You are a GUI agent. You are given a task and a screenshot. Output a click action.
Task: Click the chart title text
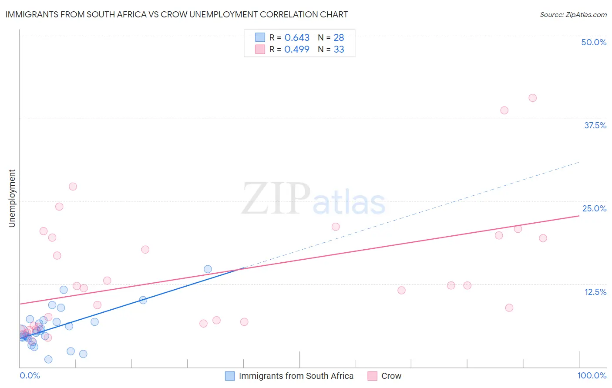(177, 14)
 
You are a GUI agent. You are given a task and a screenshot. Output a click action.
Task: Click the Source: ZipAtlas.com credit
(573, 14)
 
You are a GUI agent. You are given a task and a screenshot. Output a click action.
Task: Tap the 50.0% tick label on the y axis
(594, 42)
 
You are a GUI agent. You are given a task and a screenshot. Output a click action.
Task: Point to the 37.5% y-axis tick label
(595, 125)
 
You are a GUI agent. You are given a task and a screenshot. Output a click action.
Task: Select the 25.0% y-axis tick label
(594, 208)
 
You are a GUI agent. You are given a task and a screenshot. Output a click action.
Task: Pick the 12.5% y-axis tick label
(595, 292)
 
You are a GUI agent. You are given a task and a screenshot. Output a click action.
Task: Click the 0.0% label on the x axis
(30, 375)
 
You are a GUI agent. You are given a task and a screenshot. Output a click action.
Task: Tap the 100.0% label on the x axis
(592, 375)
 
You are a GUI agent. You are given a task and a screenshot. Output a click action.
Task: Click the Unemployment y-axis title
(12, 198)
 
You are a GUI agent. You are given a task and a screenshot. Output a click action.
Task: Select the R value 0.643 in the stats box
(297, 37)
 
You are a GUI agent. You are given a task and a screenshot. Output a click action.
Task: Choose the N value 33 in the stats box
(339, 50)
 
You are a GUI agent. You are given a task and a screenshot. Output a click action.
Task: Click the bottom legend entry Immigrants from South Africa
(296, 376)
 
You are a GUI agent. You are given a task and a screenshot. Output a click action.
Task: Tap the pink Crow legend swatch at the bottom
(372, 376)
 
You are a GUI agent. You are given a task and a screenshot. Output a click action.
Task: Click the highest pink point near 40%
(532, 98)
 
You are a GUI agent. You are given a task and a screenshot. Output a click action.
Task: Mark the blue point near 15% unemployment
(208, 269)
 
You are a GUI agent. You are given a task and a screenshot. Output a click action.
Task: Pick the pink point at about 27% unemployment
(73, 187)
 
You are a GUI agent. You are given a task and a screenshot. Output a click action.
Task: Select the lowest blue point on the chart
(48, 359)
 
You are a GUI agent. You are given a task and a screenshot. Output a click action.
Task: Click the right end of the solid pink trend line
(579, 216)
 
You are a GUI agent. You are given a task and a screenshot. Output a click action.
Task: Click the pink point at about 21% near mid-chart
(335, 227)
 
